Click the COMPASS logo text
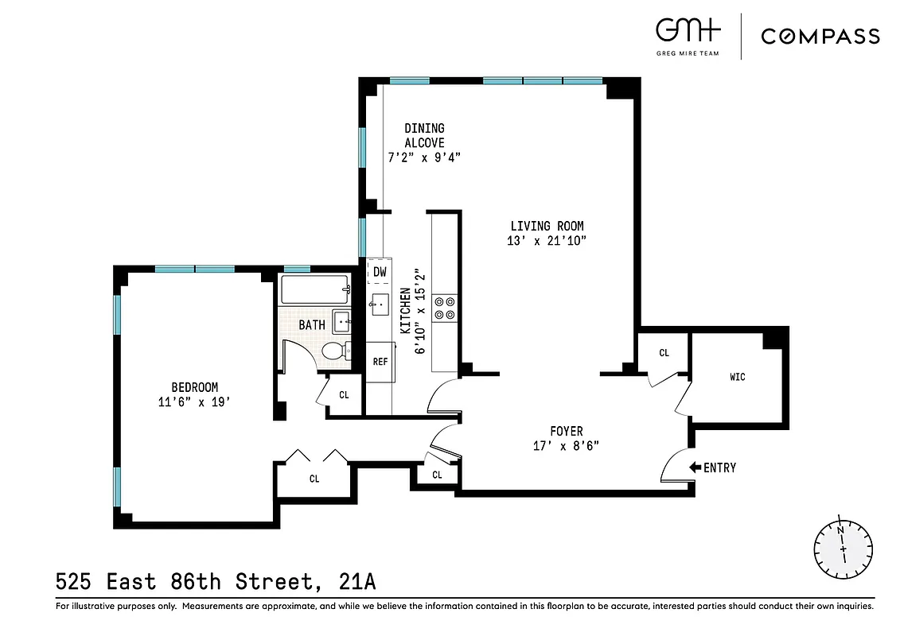(820, 37)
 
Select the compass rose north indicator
(842, 549)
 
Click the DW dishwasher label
(380, 272)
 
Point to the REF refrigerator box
(380, 362)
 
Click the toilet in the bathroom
(334, 351)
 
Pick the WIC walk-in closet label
(737, 376)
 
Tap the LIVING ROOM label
(547, 227)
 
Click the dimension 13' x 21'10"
(547, 241)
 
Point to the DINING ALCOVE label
(424, 135)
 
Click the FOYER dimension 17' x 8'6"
(565, 446)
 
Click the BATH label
(311, 325)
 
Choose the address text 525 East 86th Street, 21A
(215, 582)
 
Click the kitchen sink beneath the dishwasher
(380, 303)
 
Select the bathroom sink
(342, 322)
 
